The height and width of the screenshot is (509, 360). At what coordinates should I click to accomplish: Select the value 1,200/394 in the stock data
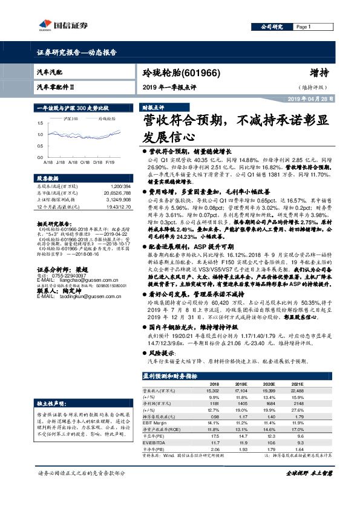(x=117, y=187)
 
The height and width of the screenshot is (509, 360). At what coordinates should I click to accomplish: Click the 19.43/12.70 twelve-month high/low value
(x=116, y=207)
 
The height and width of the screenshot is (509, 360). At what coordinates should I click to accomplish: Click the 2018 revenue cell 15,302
(x=213, y=391)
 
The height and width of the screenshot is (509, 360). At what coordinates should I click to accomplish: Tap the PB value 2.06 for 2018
(x=214, y=450)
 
